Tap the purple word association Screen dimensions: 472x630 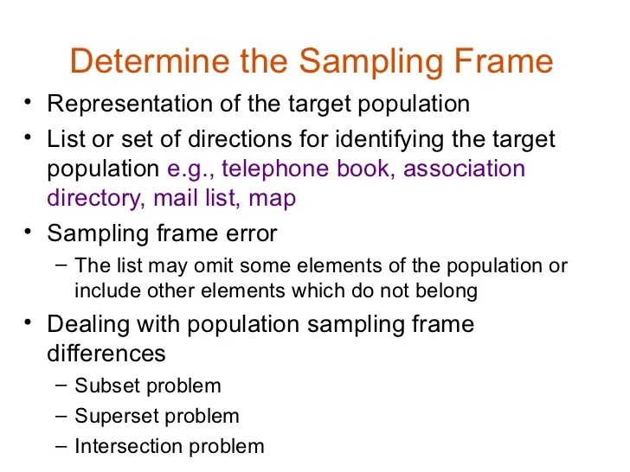click(x=464, y=168)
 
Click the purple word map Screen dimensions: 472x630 click(x=272, y=199)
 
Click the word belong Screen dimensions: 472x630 click(x=447, y=290)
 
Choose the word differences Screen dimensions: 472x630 click(x=106, y=354)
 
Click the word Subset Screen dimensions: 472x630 click(x=103, y=386)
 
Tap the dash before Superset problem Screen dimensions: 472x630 click(x=60, y=415)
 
